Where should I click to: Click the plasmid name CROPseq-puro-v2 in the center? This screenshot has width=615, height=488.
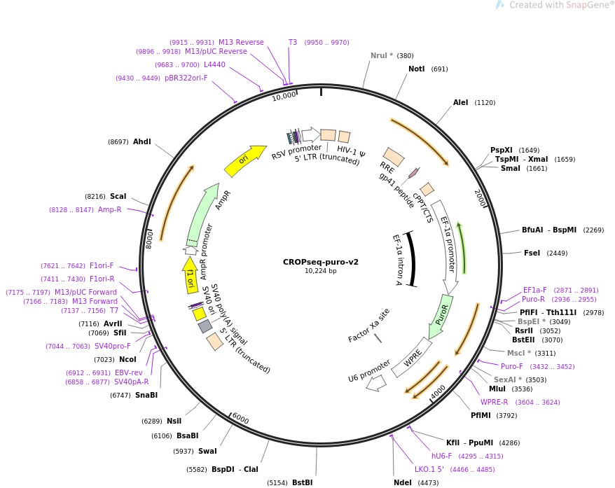[x=321, y=262]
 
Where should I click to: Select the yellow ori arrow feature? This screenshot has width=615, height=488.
[x=245, y=161]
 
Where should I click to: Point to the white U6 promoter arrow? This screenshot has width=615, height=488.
[x=376, y=382]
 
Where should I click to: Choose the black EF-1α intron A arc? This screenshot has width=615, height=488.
[x=411, y=259]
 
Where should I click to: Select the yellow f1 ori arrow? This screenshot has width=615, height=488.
[x=190, y=274]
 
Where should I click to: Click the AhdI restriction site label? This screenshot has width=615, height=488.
[x=141, y=141]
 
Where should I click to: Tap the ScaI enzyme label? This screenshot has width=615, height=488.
[x=118, y=197]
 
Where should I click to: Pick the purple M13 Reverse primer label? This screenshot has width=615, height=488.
[x=241, y=42]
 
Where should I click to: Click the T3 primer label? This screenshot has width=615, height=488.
[x=293, y=42]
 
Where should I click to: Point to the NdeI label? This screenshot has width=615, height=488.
[x=403, y=482]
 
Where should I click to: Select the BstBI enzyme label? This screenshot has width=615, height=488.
[x=302, y=482]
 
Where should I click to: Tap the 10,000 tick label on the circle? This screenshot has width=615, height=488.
[x=284, y=97]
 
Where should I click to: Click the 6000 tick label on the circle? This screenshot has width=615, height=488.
[x=240, y=419]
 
